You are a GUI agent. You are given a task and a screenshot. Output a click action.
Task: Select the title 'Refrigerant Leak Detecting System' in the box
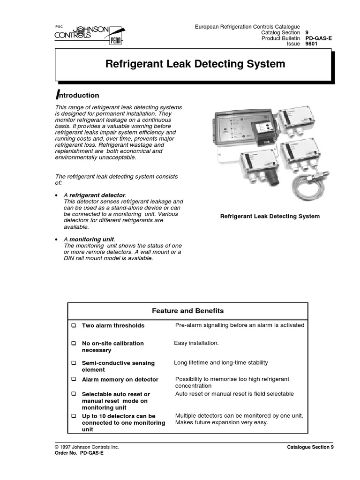coord(195,64)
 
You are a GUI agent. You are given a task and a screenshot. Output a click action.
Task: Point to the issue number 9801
coord(312,45)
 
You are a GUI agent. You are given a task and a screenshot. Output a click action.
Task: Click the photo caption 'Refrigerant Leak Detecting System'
coord(270,216)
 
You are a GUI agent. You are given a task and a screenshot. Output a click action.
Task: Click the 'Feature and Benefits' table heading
coord(188,311)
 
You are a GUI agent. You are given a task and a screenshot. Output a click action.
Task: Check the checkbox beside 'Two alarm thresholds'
coord(74,325)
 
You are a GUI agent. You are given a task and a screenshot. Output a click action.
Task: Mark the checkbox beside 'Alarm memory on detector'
coord(74,379)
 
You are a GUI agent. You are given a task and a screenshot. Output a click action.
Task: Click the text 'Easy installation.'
coord(196,343)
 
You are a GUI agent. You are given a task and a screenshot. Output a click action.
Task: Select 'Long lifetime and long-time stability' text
coord(221,362)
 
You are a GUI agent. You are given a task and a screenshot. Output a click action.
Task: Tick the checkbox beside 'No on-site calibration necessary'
coord(74,344)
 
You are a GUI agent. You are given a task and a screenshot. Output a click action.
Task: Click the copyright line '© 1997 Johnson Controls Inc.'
coord(87,447)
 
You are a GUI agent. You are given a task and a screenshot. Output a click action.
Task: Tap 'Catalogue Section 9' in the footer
coord(310,447)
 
